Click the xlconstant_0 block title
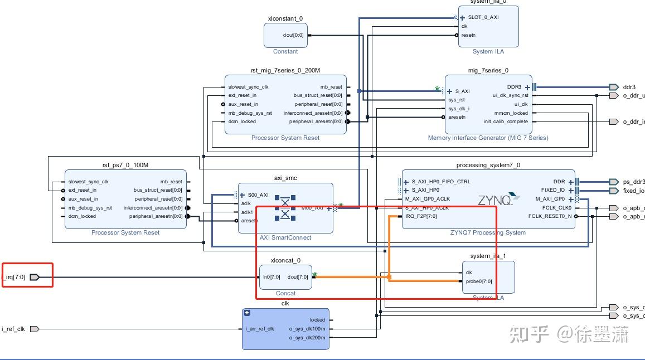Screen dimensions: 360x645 (285, 18)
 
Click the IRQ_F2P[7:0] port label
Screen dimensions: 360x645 (421, 216)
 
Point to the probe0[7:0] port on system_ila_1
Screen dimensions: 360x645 (479, 281)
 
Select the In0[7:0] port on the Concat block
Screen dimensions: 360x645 (271, 277)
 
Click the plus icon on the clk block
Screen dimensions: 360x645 (247, 313)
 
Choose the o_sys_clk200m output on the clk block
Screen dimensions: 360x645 (307, 337)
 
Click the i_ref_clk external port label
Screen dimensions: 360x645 (13, 329)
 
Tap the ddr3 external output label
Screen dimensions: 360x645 (629, 87)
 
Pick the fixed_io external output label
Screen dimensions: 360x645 (633, 191)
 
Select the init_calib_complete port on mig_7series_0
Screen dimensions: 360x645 (506, 121)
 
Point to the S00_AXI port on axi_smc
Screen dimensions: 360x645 (258, 195)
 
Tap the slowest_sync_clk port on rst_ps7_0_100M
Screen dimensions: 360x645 (88, 182)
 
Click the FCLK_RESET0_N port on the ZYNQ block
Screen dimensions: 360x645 (550, 216)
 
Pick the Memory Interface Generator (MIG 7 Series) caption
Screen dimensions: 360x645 (488, 138)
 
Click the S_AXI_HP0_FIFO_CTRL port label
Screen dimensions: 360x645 (441, 182)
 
